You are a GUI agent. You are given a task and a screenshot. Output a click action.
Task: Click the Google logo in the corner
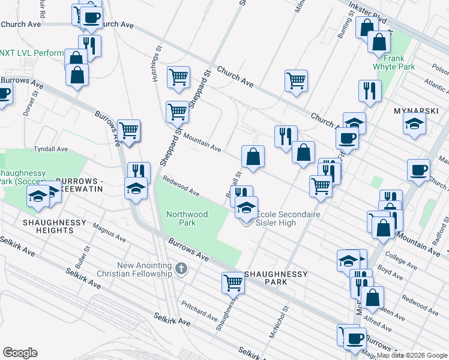(x=20, y=353)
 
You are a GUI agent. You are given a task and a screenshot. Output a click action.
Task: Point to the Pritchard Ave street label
(x=199, y=310)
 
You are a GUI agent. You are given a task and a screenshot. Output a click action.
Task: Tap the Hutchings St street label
(x=153, y=66)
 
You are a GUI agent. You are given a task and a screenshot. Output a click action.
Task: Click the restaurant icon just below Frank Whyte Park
(x=370, y=91)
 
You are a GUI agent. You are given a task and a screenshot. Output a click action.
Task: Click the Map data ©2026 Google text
(x=412, y=355)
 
